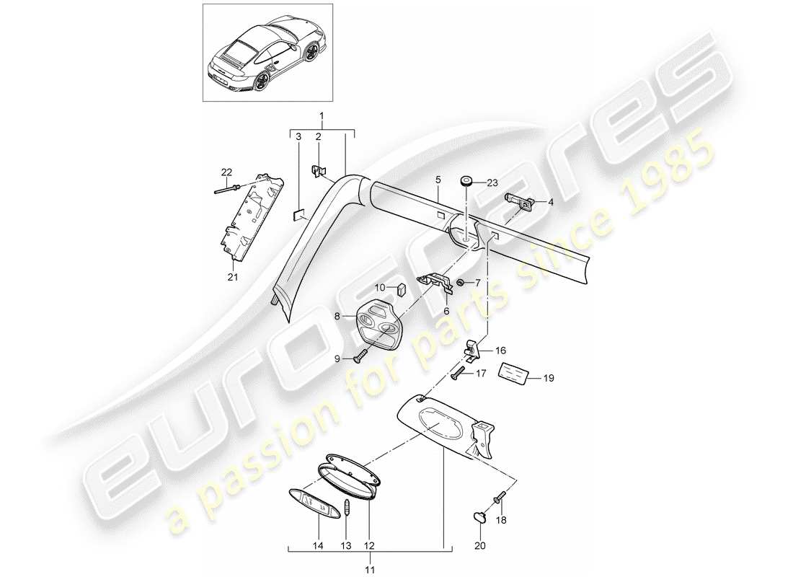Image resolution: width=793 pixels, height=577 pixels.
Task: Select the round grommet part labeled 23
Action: [465, 180]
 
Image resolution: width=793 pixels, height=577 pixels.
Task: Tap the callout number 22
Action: [227, 172]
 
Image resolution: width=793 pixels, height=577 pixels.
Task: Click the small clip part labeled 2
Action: [317, 172]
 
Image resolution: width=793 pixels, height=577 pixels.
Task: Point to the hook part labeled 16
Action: [473, 350]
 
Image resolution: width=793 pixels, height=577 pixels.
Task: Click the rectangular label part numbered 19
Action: [516, 372]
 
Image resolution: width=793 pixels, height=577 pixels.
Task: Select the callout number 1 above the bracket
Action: [322, 116]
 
